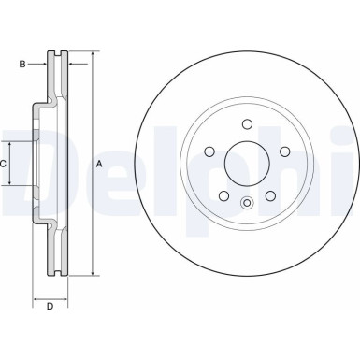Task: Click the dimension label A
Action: tap(99, 165)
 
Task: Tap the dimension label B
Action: tap(22, 65)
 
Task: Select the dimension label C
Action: tap(5, 164)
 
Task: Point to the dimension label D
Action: tap(50, 307)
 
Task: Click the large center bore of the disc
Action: tap(247, 163)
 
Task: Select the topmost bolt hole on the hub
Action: tap(247, 123)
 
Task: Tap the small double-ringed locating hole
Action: tap(247, 205)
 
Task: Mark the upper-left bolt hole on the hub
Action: tap(209, 151)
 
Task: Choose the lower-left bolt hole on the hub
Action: tap(223, 194)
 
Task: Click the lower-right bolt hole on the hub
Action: tap(270, 194)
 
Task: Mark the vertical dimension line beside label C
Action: tap(11, 164)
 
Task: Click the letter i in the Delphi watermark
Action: tap(351, 164)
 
